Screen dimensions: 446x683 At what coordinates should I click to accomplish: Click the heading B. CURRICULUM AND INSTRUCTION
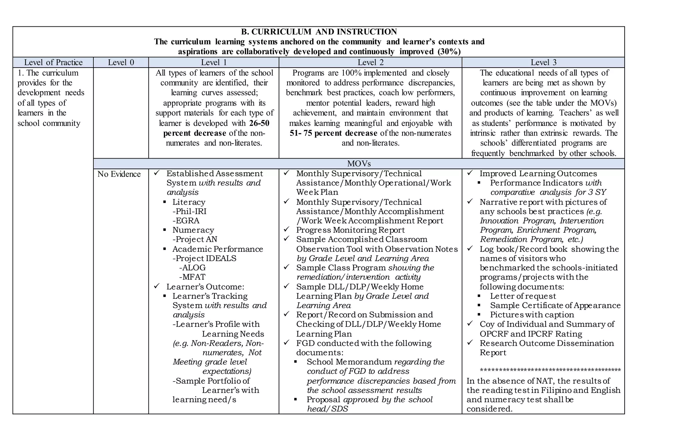click(319, 32)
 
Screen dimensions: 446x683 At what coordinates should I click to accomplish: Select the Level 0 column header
click(121, 62)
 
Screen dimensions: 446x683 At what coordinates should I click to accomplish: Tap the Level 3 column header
click(543, 62)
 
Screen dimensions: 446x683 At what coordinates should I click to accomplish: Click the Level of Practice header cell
click(53, 62)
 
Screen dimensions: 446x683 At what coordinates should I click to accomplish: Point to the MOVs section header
click(359, 164)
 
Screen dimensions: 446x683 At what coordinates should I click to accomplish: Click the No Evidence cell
click(119, 174)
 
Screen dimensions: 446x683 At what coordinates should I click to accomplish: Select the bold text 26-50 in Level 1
click(259, 123)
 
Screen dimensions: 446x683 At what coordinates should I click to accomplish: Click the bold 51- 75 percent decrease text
click(334, 133)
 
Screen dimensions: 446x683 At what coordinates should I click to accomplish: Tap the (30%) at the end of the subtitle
click(448, 52)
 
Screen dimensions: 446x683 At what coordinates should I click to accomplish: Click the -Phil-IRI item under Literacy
click(189, 212)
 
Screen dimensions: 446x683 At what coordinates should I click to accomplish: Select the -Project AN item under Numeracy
click(195, 239)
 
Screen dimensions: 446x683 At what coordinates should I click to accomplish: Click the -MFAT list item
click(192, 277)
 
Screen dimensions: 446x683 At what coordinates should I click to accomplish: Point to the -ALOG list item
click(192, 268)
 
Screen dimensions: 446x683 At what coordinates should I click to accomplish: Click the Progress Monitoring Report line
click(350, 230)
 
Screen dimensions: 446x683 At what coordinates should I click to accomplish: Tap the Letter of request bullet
click(523, 296)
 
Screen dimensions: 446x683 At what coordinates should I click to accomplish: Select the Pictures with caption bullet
click(532, 315)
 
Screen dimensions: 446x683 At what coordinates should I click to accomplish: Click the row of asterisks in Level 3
click(550, 371)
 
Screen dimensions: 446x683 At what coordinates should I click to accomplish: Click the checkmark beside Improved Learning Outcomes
click(470, 173)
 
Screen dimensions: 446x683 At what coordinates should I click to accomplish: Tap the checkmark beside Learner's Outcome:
click(156, 286)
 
